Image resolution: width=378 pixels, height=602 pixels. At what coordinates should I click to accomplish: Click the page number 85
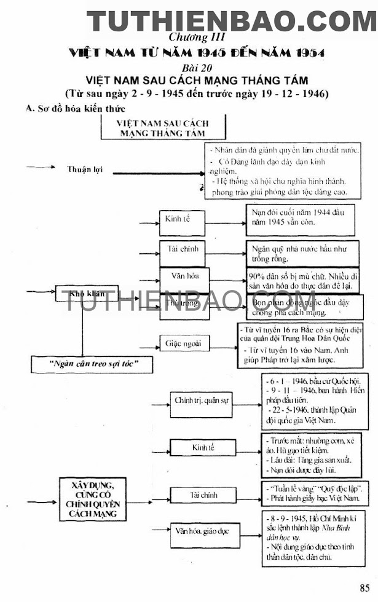pyautogui.click(x=365, y=586)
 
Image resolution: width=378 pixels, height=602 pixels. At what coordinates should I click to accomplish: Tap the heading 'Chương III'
pyautogui.click(x=189, y=37)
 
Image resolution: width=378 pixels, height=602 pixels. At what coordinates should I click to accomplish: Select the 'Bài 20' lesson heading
pyautogui.click(x=189, y=66)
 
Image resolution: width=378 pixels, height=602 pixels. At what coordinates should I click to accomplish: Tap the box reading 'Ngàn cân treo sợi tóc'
pyautogui.click(x=93, y=364)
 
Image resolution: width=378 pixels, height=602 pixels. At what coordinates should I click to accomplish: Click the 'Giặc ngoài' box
pyautogui.click(x=183, y=343)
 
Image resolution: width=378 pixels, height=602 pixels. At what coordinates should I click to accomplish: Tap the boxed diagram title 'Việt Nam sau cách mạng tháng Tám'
pyautogui.click(x=163, y=128)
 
